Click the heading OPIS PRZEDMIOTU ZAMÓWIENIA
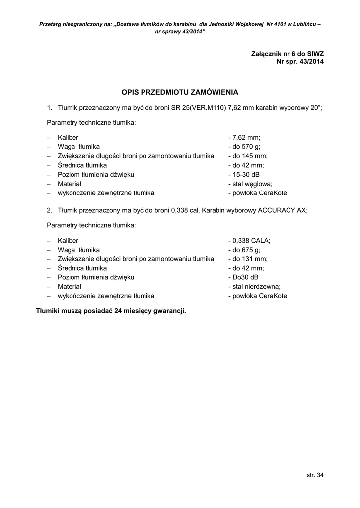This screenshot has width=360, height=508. click(x=180, y=92)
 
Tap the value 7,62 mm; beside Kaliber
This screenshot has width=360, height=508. click(x=244, y=137)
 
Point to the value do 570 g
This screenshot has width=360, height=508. click(x=244, y=147)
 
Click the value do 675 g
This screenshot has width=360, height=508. click(x=244, y=250)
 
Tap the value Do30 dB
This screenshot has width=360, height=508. click(x=243, y=277)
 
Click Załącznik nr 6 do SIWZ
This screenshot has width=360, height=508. click(x=288, y=53)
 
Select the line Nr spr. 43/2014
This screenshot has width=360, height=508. click(x=300, y=62)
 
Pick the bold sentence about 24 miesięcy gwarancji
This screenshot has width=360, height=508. click(x=111, y=311)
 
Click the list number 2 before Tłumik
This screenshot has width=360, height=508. click(x=49, y=210)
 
